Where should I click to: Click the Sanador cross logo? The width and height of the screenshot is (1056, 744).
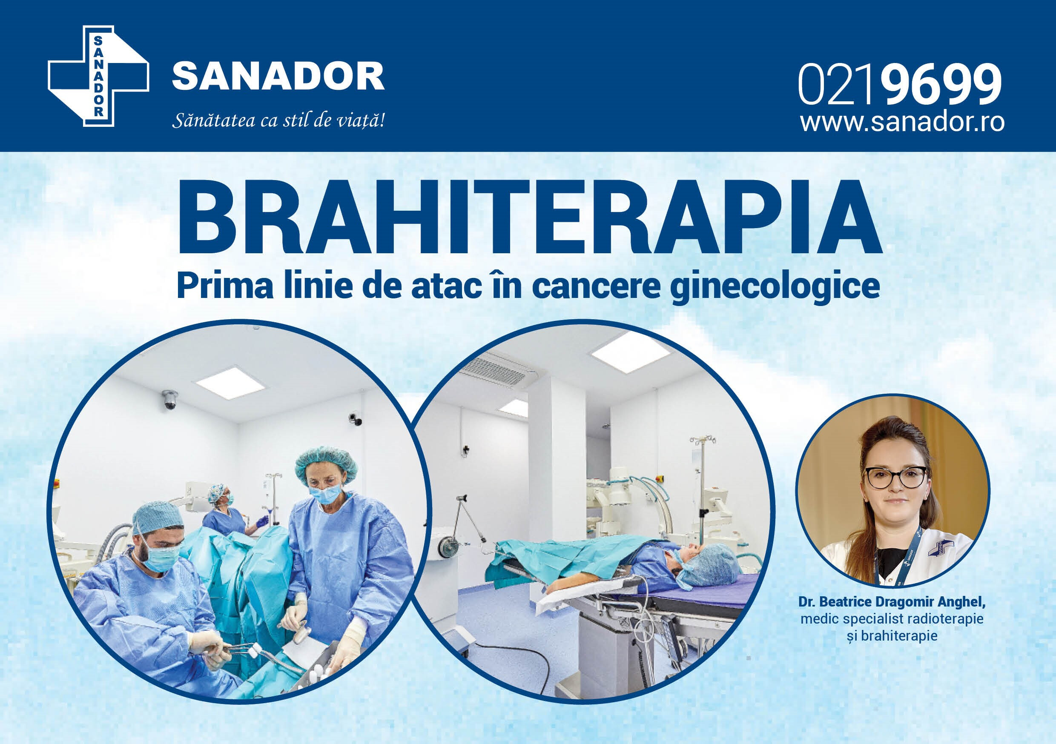coord(99,76)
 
